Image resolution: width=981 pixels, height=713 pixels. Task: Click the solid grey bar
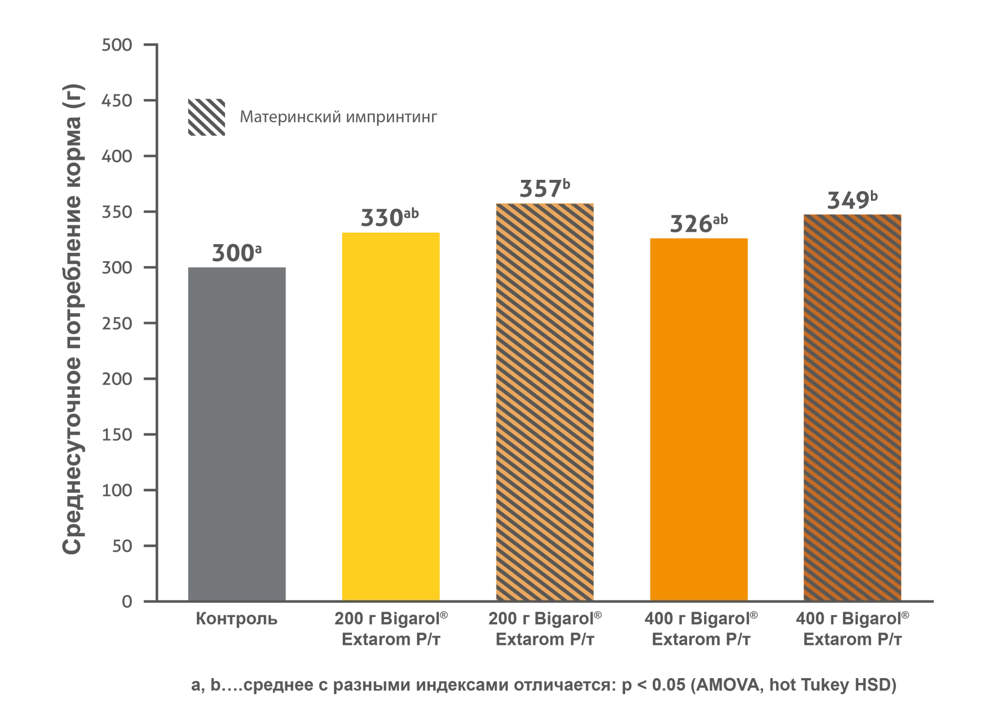coord(237,433)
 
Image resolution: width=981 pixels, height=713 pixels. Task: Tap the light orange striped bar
coord(544,401)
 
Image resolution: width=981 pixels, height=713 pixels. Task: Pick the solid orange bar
coord(699,418)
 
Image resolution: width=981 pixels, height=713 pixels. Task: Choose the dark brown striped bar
coord(852,407)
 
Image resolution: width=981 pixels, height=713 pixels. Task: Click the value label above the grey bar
coord(236,251)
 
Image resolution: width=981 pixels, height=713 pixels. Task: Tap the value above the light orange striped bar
coord(544,187)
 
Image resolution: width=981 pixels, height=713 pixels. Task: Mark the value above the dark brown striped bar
coord(852,199)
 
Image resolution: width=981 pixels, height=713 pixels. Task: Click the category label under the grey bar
coord(237,621)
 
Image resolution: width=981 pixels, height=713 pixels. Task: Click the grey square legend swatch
coord(207,118)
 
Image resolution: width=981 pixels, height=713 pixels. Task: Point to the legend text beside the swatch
coord(338,118)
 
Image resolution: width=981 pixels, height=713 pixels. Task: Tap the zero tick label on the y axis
coord(128,602)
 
